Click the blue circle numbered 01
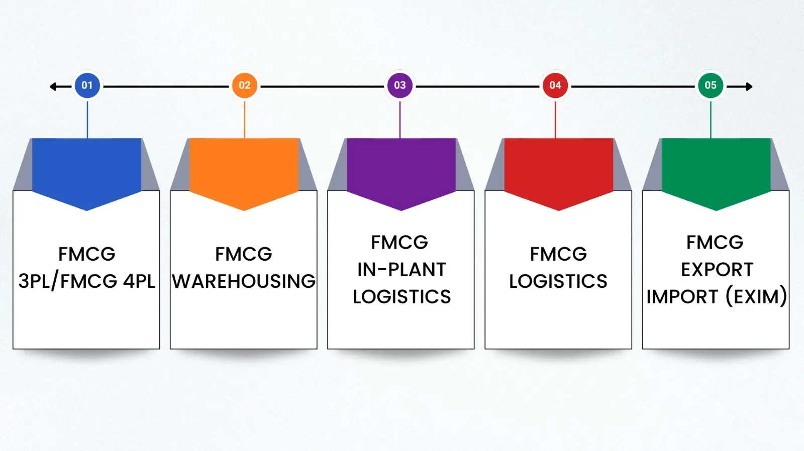pos(87,85)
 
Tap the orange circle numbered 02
pos(244,85)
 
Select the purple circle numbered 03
pos(400,85)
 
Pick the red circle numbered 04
pos(555,85)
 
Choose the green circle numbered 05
pos(710,85)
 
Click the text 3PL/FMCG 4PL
pos(87,281)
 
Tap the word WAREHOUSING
pos(244,281)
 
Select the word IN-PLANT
pos(401,270)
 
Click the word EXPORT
pos(717,270)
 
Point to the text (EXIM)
pos(756,297)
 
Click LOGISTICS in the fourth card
pos(558,281)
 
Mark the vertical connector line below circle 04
pos(555,120)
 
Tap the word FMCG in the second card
pos(244,254)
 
